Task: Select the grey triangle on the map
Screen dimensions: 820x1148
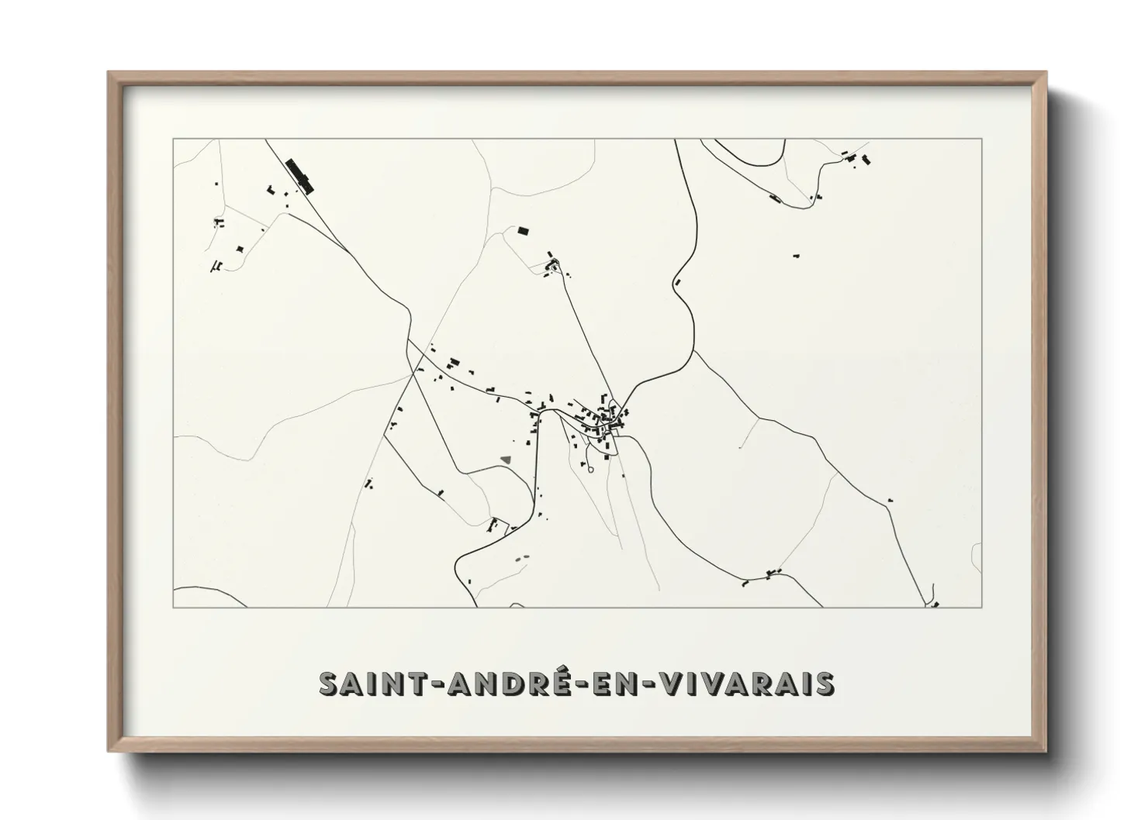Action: tap(506, 460)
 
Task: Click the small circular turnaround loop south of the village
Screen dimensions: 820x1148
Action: tap(590, 469)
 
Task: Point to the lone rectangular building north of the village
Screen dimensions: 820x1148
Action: tap(523, 230)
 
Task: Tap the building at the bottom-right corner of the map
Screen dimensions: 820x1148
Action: tap(935, 604)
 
